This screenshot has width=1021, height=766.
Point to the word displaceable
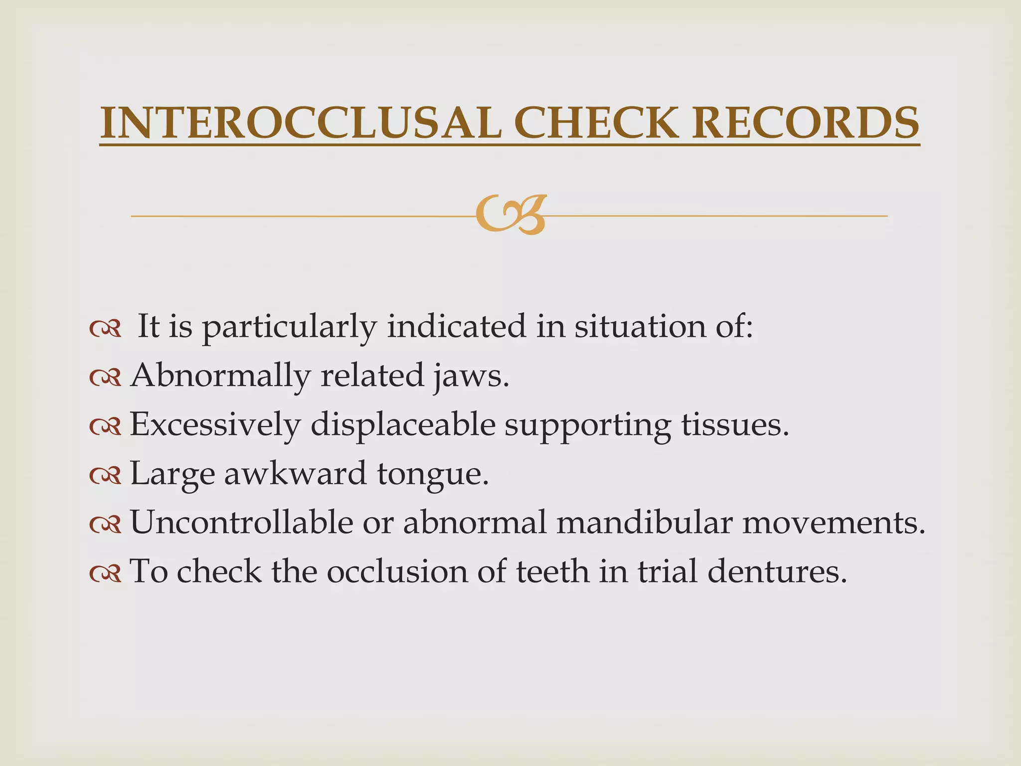403,424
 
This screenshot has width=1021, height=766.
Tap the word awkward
295,473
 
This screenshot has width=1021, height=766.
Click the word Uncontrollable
241,522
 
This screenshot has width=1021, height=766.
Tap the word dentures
777,571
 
